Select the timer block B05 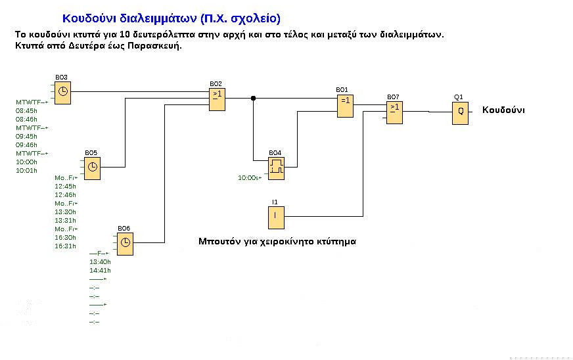point(93,167)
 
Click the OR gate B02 point(216,99)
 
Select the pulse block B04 point(277,166)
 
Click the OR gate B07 point(394,112)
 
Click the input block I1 point(275,215)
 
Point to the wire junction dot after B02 point(253,99)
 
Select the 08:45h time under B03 point(26,111)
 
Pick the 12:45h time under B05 point(65,187)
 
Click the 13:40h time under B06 point(100,261)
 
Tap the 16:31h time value point(65,246)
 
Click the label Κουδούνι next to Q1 point(503,110)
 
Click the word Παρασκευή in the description point(154,46)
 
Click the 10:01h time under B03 point(26,170)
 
